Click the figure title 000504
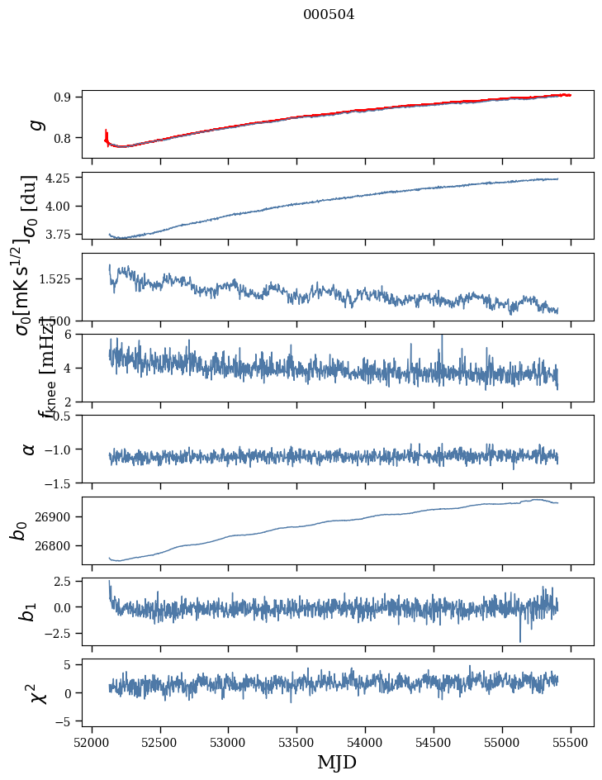329,15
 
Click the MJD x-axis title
337,763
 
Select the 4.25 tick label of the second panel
59,178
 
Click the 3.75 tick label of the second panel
59,234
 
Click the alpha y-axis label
30,449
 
